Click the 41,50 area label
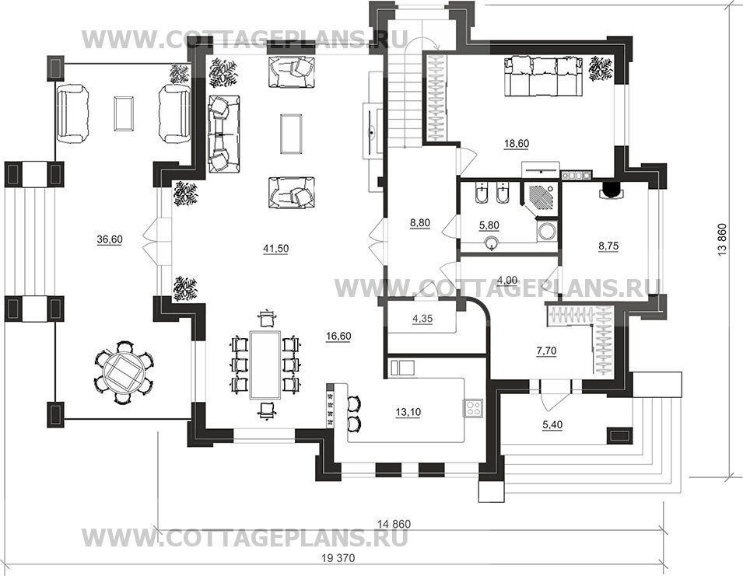pos(275,249)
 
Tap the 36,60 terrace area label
pos(110,240)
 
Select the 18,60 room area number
pos(517,143)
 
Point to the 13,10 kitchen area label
pos(408,412)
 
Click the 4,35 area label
pos(422,319)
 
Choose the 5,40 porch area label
pos(552,425)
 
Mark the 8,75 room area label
pos(608,246)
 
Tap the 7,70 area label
pos(546,351)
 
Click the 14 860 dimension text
pos(394,525)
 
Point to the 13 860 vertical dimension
pos(722,239)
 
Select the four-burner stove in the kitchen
pos(474,408)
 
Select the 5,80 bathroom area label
pos(489,225)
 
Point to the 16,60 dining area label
pos(338,337)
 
